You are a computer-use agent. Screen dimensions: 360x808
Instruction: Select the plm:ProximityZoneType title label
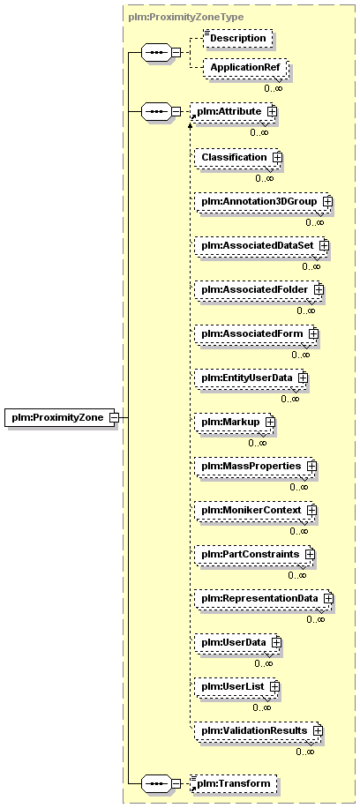[x=185, y=17]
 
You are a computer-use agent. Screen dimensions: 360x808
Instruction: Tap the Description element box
[x=237, y=38]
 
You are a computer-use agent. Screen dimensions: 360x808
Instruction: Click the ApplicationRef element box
[x=244, y=68]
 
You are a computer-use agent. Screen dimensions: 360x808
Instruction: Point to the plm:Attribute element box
[x=234, y=111]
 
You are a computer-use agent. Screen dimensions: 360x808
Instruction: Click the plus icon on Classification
[x=277, y=157]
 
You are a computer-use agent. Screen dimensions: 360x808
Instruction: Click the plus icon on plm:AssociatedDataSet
[x=323, y=246]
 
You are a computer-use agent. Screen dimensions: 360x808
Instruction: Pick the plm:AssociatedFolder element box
[x=259, y=289]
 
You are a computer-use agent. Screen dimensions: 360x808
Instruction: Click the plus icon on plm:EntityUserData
[x=303, y=378]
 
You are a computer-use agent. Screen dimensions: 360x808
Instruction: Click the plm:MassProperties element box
[x=255, y=466]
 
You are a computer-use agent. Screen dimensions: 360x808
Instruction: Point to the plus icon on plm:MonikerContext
[x=311, y=510]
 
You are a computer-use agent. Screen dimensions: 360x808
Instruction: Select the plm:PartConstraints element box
[x=255, y=555]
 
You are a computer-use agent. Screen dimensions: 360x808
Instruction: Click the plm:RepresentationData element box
[x=264, y=598]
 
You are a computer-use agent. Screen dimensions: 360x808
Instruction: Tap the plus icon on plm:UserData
[x=276, y=642]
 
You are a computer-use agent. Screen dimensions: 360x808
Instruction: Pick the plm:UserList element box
[x=236, y=686]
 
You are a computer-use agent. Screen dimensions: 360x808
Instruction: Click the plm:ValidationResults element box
[x=259, y=730]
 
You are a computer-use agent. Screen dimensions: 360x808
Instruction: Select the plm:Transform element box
[x=235, y=784]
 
